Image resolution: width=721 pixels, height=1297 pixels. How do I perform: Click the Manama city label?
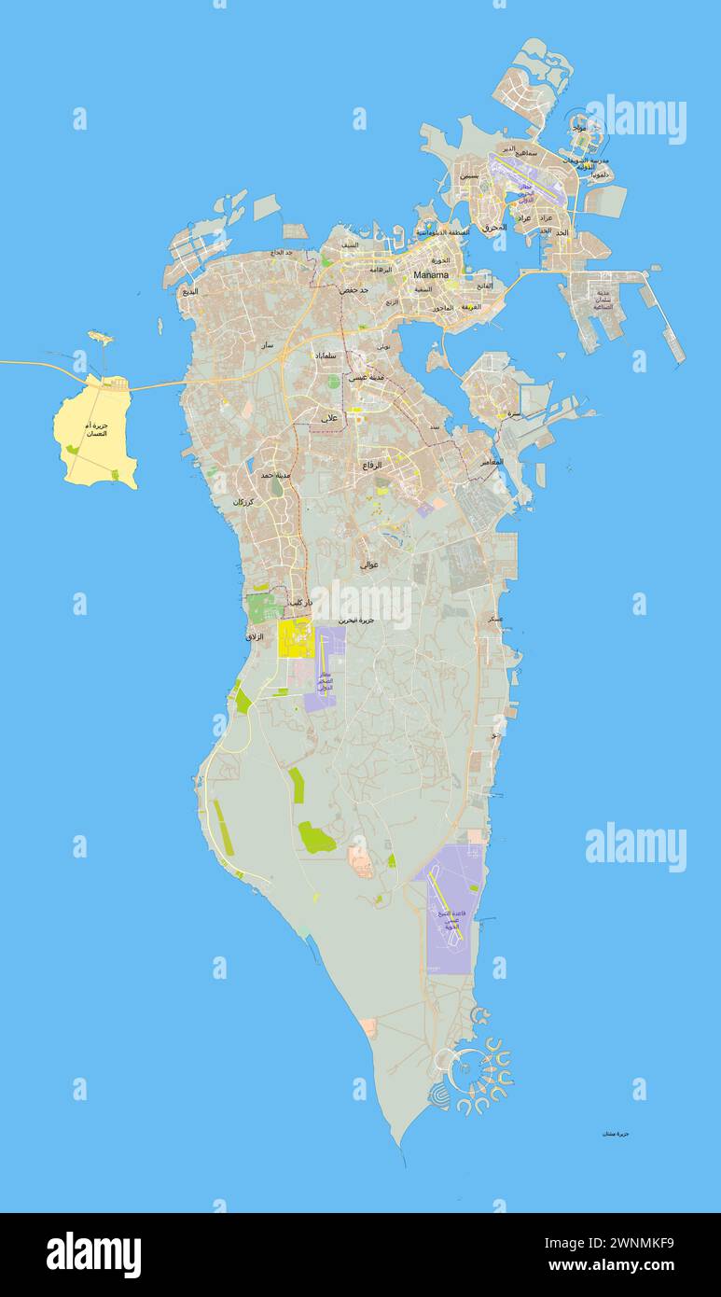click(x=431, y=275)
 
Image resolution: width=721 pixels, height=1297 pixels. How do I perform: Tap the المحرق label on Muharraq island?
click(x=494, y=227)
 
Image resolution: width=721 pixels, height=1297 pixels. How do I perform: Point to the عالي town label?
click(x=329, y=418)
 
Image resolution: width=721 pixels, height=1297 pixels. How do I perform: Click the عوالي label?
click(x=368, y=564)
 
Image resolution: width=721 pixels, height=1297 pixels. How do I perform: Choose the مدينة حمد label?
click(x=276, y=475)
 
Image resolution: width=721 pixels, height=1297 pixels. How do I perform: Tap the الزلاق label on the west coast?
click(x=254, y=636)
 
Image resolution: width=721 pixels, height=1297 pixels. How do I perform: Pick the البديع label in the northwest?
click(x=189, y=291)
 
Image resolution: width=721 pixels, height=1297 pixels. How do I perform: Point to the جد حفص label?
click(x=354, y=290)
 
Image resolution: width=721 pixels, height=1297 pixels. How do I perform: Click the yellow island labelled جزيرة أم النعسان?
click(x=94, y=434)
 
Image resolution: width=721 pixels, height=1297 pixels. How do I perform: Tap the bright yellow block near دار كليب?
click(x=296, y=638)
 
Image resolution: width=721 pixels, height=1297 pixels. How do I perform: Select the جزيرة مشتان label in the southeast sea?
click(x=616, y=1133)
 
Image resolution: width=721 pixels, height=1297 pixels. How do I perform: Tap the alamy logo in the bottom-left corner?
click(x=93, y=1254)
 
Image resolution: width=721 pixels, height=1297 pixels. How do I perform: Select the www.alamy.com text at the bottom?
click(x=610, y=1266)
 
